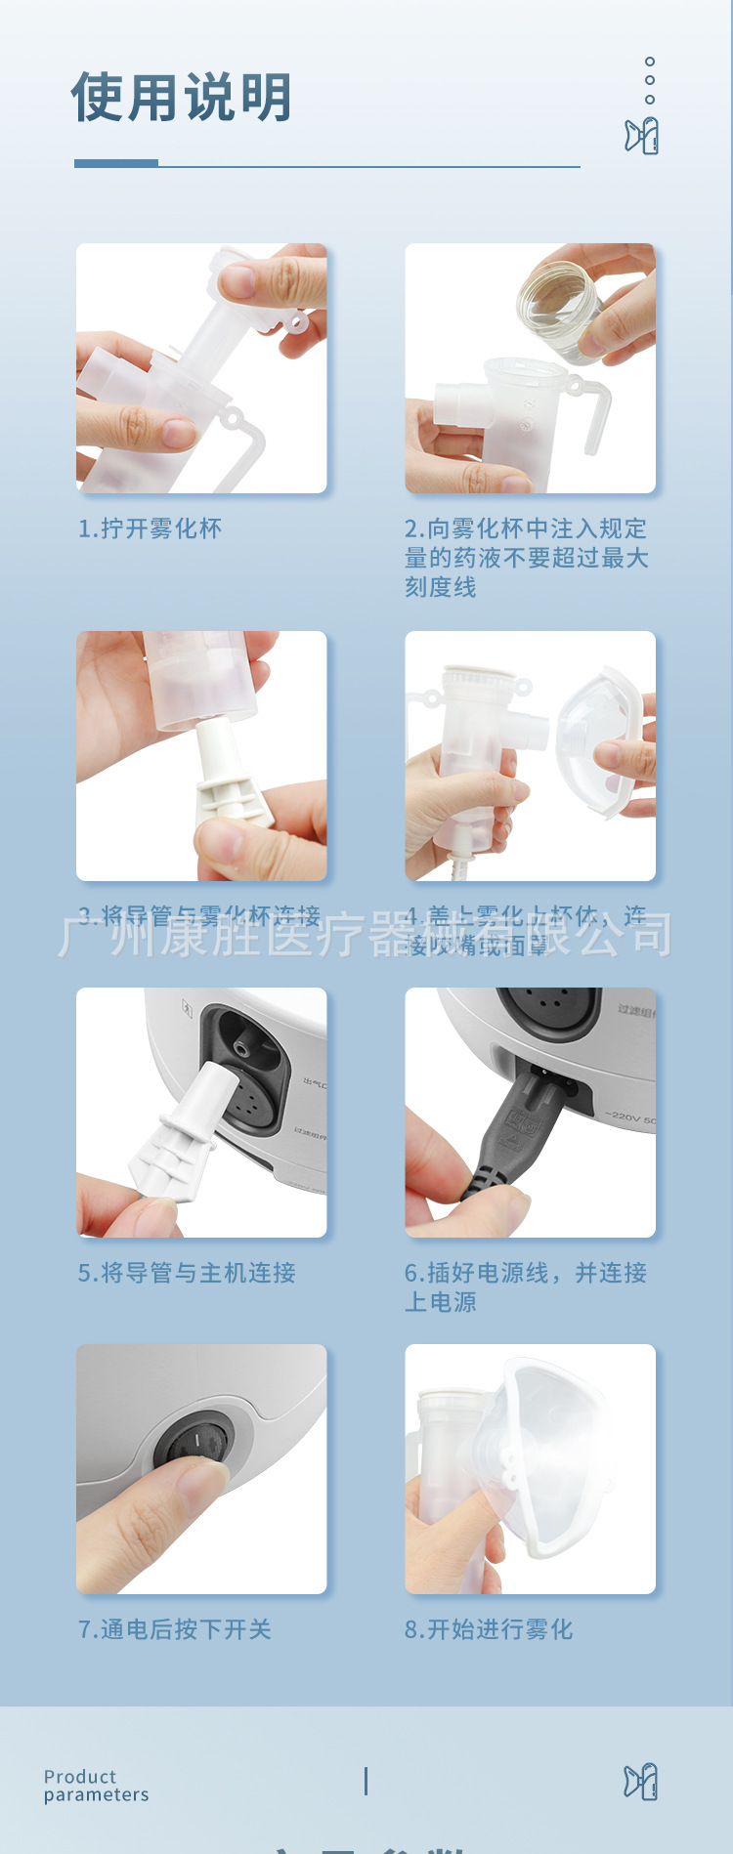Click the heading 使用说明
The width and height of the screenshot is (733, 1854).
pyautogui.click(x=182, y=98)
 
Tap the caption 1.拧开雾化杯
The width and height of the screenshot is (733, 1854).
pyautogui.click(x=150, y=528)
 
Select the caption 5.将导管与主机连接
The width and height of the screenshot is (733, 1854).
pyautogui.click(x=187, y=1273)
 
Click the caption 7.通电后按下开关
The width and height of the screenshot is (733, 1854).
pyautogui.click(x=175, y=1629)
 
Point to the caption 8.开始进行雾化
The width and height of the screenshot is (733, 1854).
pyautogui.click(x=489, y=1629)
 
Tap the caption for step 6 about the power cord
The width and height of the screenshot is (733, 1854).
pyautogui.click(x=526, y=1286)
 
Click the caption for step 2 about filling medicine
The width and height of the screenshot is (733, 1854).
pyautogui.click(x=526, y=557)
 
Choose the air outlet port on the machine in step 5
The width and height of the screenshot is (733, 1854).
pyautogui.click(x=239, y=1047)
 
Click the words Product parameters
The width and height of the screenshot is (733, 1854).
pyautogui.click(x=96, y=1786)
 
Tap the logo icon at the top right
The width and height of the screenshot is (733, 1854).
pyautogui.click(x=642, y=136)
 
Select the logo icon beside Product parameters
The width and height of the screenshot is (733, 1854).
pyautogui.click(x=641, y=1783)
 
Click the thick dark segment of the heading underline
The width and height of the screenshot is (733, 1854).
pyautogui.click(x=116, y=163)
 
